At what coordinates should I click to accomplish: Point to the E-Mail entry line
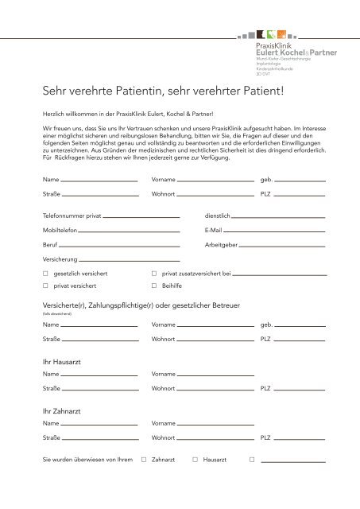tap(274, 231)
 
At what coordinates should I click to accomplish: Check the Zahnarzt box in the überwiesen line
tap(144, 460)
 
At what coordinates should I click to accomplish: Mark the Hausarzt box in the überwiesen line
tap(195, 460)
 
